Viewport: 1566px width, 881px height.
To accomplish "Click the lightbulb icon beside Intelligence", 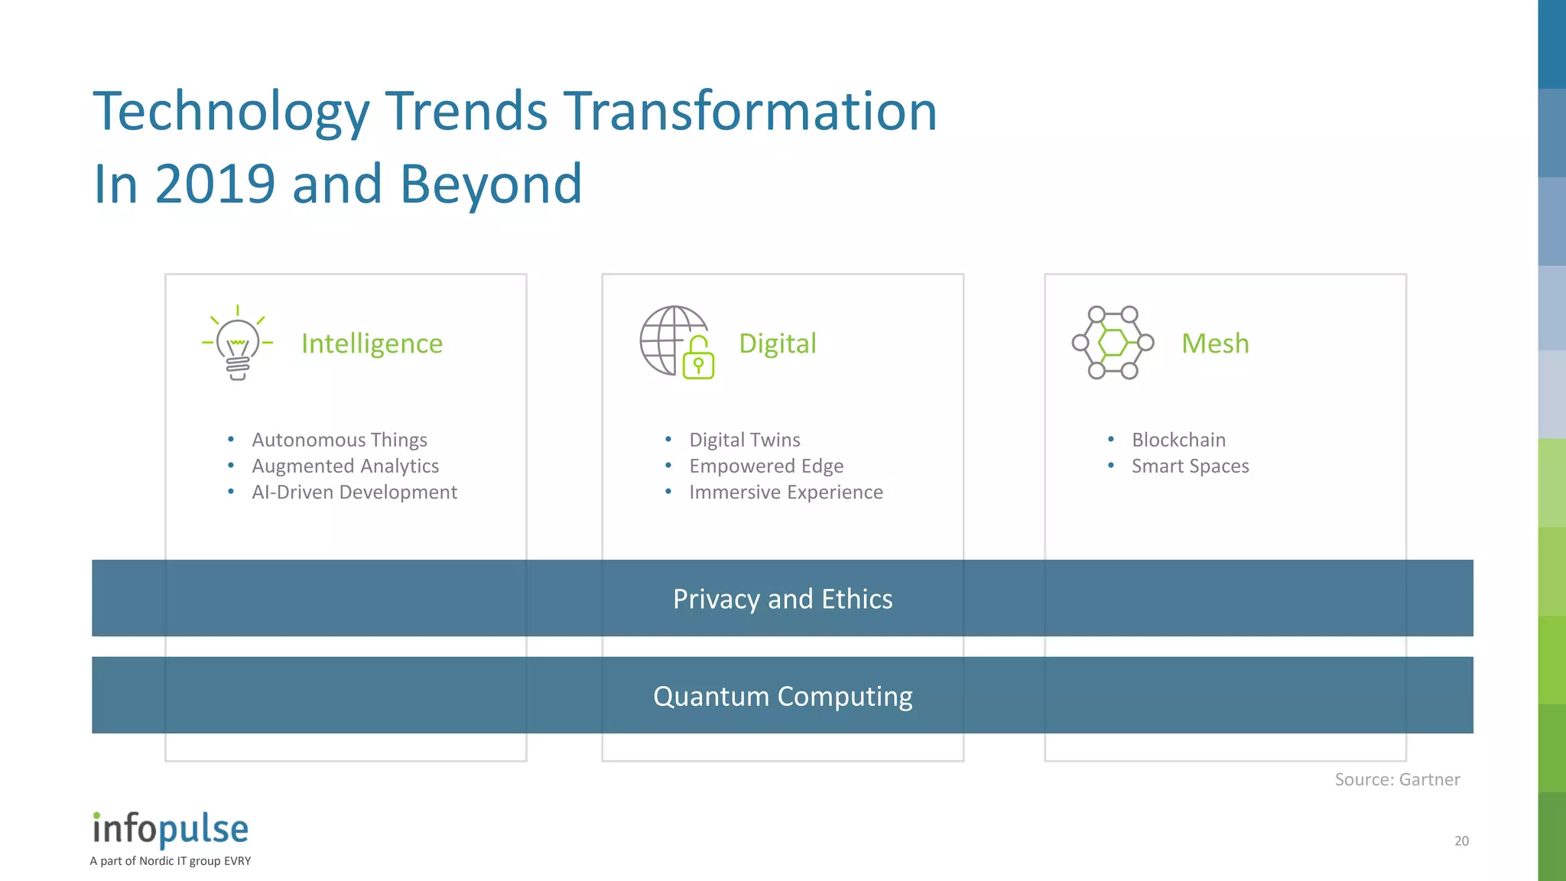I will point(238,343).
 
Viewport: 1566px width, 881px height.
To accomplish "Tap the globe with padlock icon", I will point(677,343).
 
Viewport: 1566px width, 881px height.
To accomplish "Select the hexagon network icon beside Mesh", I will point(1113,343).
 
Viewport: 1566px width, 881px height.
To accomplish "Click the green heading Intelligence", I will point(372,343).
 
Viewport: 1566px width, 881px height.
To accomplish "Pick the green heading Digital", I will point(777,343).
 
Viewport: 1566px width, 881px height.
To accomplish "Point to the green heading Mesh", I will point(1214,343).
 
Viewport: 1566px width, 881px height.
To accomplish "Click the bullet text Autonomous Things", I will point(340,440).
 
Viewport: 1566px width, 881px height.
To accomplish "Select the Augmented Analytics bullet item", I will point(345,466).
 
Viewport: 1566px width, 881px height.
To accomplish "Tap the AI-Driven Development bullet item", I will point(354,492).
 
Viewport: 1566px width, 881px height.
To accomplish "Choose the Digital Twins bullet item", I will point(744,440).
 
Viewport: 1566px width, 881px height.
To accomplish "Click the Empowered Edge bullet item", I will point(766,466).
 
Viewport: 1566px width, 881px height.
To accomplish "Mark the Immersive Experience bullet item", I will point(785,492).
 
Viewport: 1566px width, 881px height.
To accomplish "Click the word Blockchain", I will point(1178,440).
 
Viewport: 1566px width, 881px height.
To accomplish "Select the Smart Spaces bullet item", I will point(1190,466).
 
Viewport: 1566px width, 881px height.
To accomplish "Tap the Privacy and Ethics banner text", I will point(782,599).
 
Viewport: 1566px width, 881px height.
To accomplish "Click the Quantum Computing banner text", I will point(782,696).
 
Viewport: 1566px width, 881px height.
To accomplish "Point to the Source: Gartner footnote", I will point(1397,779).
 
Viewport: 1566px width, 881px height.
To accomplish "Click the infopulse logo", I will point(171,830).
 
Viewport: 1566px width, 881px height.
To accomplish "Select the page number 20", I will point(1461,840).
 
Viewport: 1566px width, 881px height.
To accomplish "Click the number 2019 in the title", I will point(215,184).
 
